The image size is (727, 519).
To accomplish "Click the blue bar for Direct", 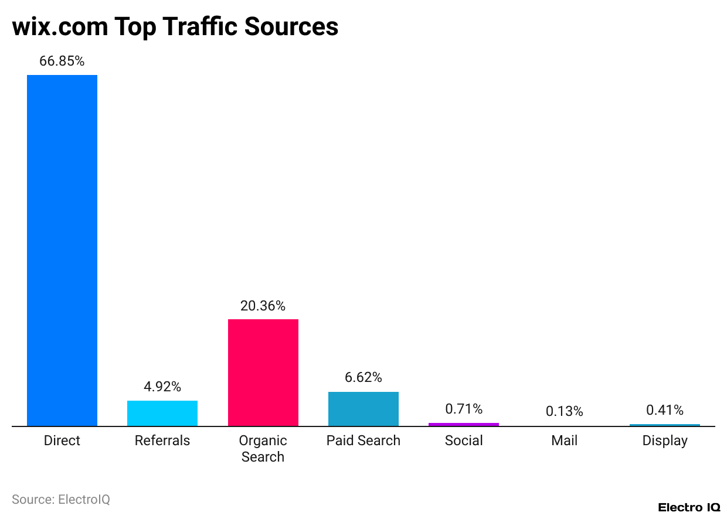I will pyautogui.click(x=62, y=250).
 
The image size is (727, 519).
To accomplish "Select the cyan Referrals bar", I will pyautogui.click(x=162, y=413).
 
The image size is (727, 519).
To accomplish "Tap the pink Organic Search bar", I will pyautogui.click(x=263, y=373).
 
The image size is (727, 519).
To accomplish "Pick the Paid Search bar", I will pyautogui.click(x=363, y=409).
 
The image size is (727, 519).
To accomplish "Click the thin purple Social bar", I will pyautogui.click(x=463, y=424).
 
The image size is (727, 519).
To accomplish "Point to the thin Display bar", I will pyautogui.click(x=664, y=425).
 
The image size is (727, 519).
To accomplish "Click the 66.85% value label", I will pyautogui.click(x=62, y=61).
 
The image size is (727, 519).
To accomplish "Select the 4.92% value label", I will pyautogui.click(x=162, y=387).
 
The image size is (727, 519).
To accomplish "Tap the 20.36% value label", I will pyautogui.click(x=263, y=306).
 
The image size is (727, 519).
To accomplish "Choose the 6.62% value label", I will pyautogui.click(x=363, y=377).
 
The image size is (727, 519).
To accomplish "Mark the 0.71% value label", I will pyautogui.click(x=463, y=409).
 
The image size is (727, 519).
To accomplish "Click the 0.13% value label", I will pyautogui.click(x=564, y=412).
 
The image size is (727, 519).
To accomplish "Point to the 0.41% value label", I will pyautogui.click(x=664, y=410).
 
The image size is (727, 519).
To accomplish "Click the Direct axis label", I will pyautogui.click(x=62, y=441).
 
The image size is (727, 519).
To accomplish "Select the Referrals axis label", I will pyautogui.click(x=162, y=441).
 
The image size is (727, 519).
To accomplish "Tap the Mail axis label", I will pyautogui.click(x=564, y=441).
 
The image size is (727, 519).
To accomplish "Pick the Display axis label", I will pyautogui.click(x=664, y=441).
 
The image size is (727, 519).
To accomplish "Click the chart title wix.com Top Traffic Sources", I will pyautogui.click(x=175, y=26).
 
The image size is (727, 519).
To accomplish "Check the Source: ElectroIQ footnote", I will pyautogui.click(x=61, y=500).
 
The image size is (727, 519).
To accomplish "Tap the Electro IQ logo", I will pyautogui.click(x=689, y=507).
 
